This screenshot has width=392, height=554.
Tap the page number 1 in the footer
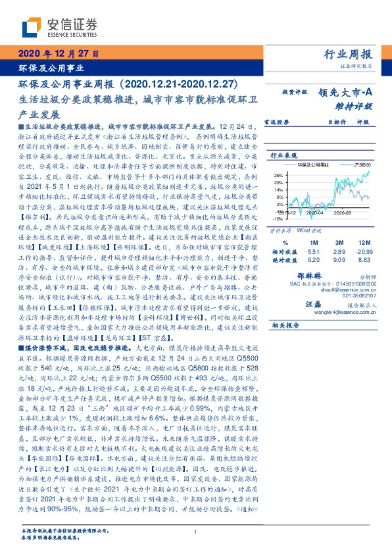pos(196,532)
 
